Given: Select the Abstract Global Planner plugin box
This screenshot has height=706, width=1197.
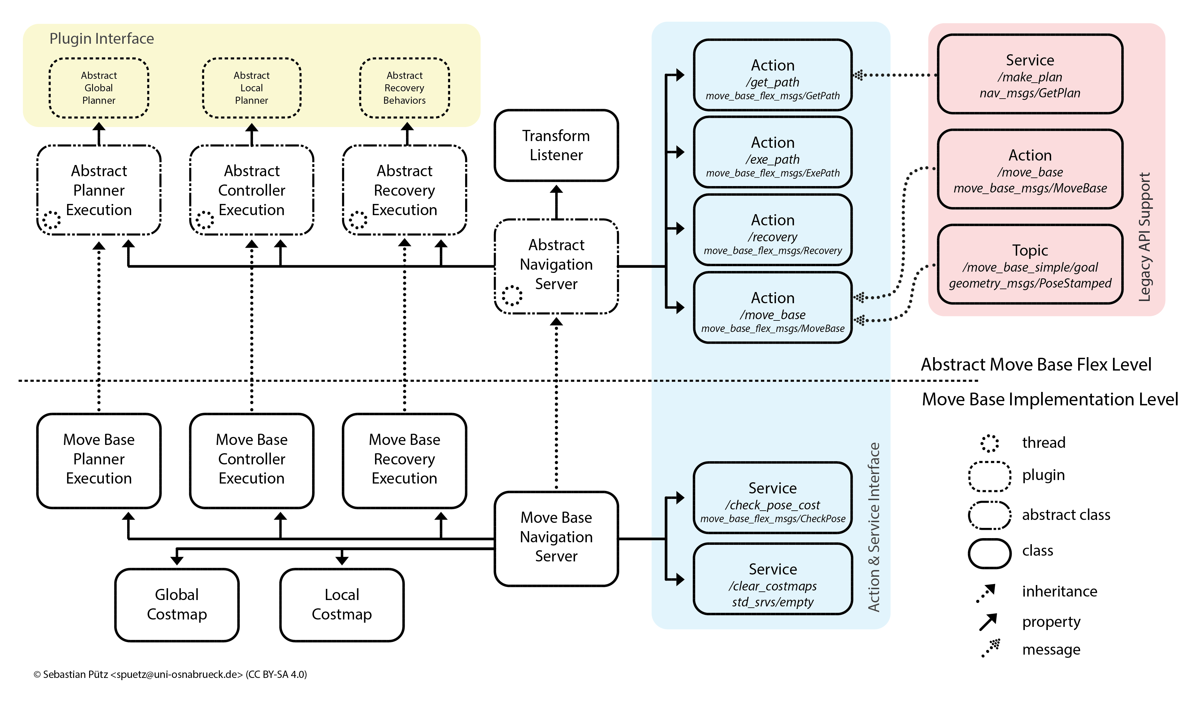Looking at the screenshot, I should (x=99, y=88).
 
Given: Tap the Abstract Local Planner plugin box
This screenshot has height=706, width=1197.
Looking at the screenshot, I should (x=251, y=88).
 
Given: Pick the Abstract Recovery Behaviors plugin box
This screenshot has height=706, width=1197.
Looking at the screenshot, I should (x=404, y=88).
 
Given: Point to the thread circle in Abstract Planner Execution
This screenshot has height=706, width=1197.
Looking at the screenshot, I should (x=51, y=220).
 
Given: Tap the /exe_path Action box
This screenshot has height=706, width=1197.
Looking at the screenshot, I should (x=772, y=152).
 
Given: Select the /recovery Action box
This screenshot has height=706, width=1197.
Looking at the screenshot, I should (x=772, y=230).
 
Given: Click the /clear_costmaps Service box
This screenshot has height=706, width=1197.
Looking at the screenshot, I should (x=772, y=579).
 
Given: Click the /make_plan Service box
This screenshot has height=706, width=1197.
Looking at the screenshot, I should (x=1030, y=74).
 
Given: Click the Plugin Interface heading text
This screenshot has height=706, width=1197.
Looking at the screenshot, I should (x=101, y=39).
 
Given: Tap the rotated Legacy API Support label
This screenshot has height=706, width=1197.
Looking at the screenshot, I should (x=1144, y=237).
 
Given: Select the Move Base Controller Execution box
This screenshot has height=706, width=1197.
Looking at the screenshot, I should (x=251, y=459).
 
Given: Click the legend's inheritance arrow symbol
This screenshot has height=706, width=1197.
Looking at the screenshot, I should (x=986, y=593).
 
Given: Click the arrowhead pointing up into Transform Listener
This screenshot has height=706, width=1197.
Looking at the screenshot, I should (x=556, y=189).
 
